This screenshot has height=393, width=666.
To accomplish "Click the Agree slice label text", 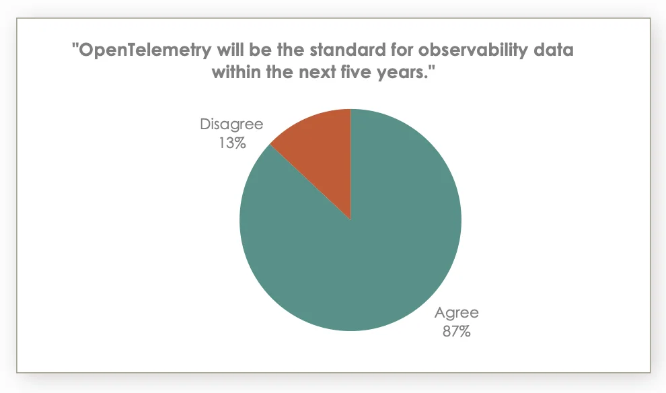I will point(456,313).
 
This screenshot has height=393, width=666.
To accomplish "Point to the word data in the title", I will point(556,51).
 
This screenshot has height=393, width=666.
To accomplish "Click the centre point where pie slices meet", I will point(350,219).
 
